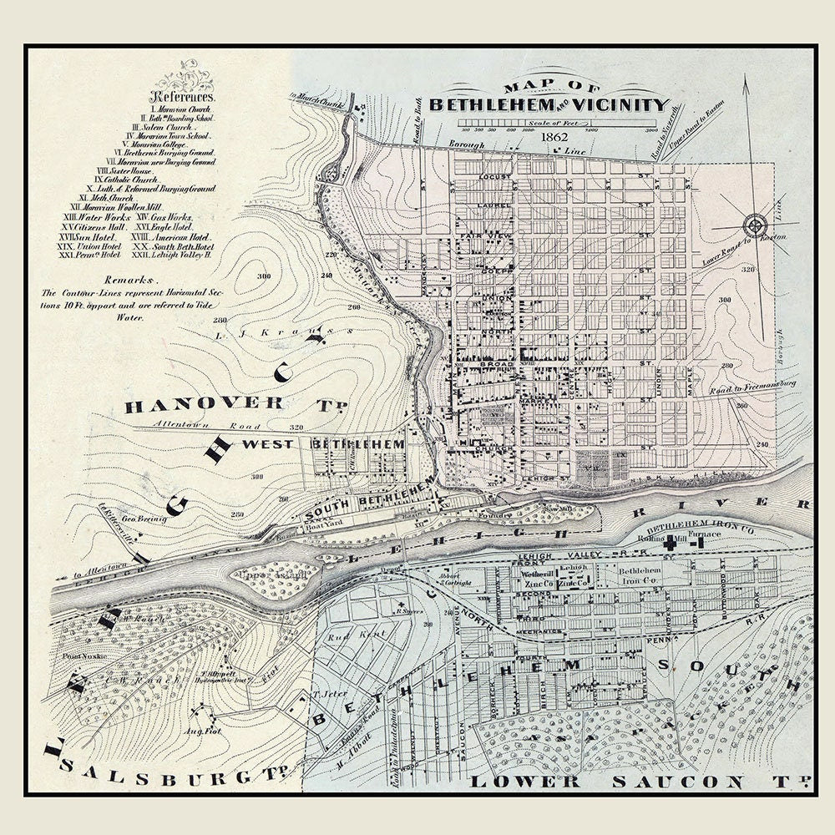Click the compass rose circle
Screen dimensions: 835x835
click(x=754, y=225)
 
